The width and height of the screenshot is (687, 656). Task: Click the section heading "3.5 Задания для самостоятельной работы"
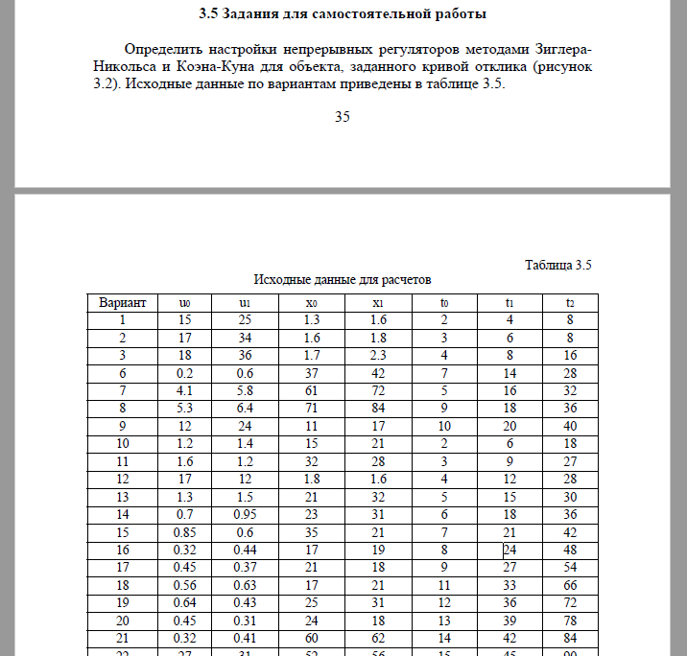click(343, 14)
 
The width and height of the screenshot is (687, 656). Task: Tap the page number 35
click(343, 117)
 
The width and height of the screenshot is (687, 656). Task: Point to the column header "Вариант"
click(123, 303)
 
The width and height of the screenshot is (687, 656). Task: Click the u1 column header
click(245, 303)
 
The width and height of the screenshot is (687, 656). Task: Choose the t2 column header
click(570, 303)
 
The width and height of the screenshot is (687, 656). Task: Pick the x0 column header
click(311, 303)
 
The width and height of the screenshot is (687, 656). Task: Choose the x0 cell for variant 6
click(311, 372)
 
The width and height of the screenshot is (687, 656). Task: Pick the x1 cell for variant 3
click(377, 355)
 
